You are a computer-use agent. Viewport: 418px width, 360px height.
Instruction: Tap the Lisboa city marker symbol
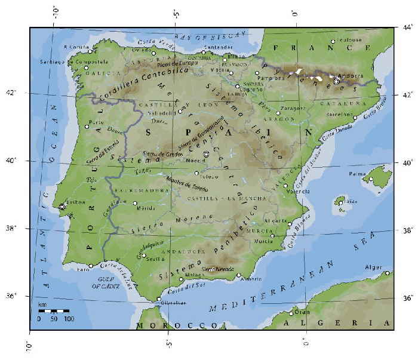click(62, 207)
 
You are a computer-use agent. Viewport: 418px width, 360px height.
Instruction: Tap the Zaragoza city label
click(294, 109)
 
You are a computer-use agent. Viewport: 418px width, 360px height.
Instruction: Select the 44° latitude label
click(407, 27)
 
